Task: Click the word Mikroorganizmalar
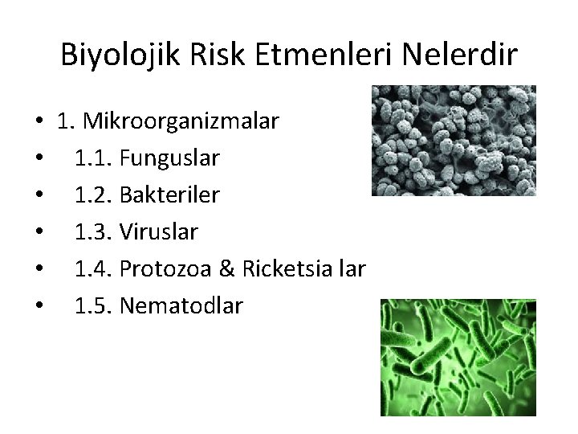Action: pos(184,122)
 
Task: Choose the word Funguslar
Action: pos(169,158)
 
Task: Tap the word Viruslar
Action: pos(158,232)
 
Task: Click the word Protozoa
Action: pos(165,269)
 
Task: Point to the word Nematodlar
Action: pos(180,305)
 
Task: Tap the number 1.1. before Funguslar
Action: pos(94,158)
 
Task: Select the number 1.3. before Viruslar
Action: pos(94,232)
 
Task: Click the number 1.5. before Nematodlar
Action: pos(94,305)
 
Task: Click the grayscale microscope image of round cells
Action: pos(454,141)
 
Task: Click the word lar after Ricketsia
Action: pos(350,269)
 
